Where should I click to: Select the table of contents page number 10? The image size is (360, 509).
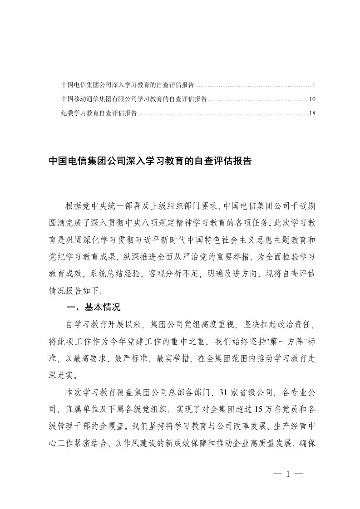[312, 99]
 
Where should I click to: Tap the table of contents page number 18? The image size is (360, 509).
[312, 113]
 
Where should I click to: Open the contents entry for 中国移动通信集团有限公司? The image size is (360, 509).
[134, 99]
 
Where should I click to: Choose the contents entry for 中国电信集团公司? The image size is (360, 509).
[128, 85]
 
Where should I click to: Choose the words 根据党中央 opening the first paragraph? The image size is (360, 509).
[85, 206]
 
